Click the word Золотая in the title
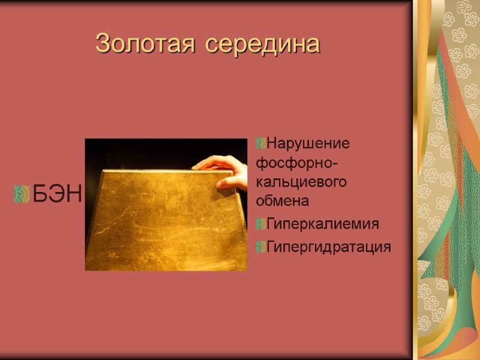click(x=145, y=44)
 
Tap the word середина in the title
click(x=262, y=44)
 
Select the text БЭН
click(x=56, y=194)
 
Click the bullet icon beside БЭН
click(x=21, y=194)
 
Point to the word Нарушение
click(x=308, y=144)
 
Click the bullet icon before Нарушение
click(x=260, y=144)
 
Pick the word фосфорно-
click(x=296, y=163)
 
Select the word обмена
click(x=282, y=200)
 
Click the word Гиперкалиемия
click(x=323, y=224)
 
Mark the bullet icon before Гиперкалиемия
click(x=260, y=224)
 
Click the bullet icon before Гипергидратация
click(x=260, y=247)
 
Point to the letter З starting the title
click(x=103, y=44)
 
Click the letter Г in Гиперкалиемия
click(x=271, y=224)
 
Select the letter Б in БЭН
click(x=39, y=194)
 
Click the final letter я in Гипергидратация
click(x=387, y=247)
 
